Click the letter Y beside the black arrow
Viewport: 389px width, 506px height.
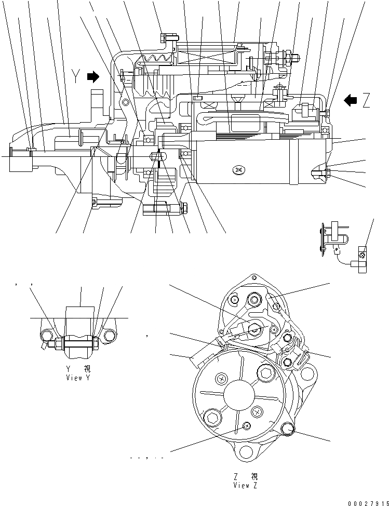76,77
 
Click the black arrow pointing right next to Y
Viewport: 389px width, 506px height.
93,77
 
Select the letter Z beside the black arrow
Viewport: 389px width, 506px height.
367,100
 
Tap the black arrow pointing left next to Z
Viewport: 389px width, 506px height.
351,100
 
